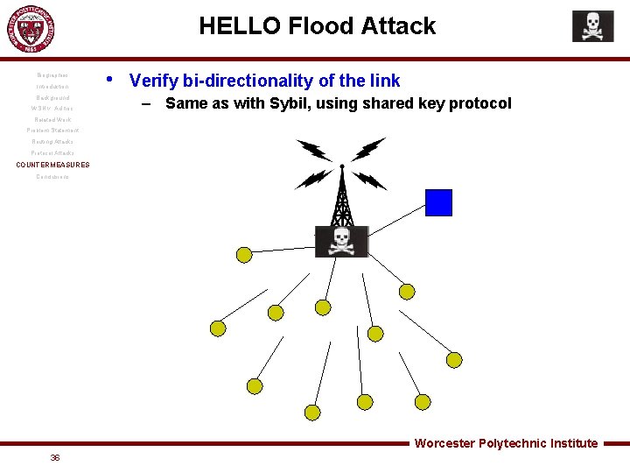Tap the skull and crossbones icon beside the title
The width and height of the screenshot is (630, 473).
592,26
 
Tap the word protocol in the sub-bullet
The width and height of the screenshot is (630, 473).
479,103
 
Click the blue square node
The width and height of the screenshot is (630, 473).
438,202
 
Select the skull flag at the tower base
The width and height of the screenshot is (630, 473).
341,241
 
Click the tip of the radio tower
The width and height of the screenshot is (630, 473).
341,166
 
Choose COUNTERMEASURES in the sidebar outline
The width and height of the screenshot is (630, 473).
52,165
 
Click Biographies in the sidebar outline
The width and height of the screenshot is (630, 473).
52,75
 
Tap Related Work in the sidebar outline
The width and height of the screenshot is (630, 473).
52,119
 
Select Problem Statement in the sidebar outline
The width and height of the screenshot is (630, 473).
52,131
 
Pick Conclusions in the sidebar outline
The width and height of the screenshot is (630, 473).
52,177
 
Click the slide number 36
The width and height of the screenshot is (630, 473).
55,457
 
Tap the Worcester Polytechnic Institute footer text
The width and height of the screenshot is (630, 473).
506,443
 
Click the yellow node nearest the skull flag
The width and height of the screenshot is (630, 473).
244,255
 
